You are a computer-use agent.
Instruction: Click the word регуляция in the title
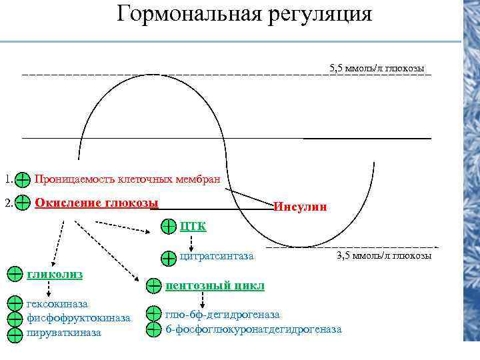[x=318, y=14]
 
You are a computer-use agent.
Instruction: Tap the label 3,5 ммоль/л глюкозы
[x=384, y=255]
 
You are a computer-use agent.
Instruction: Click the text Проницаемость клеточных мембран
[x=132, y=179]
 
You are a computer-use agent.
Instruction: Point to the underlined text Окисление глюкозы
[x=96, y=202]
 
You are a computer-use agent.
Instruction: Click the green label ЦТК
[x=193, y=227]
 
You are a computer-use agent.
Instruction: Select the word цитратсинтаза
[x=217, y=255]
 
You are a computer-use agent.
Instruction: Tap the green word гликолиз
[x=46, y=273]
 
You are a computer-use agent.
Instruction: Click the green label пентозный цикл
[x=215, y=285]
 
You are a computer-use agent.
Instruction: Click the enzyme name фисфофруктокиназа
[x=78, y=317]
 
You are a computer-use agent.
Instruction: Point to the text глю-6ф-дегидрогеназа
[x=223, y=314]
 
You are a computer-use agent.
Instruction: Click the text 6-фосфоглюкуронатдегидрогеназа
[x=253, y=329]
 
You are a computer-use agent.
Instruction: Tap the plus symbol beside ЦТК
[x=169, y=227]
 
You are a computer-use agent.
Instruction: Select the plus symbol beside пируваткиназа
[x=15, y=334]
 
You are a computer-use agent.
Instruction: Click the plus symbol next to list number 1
[x=22, y=179]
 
